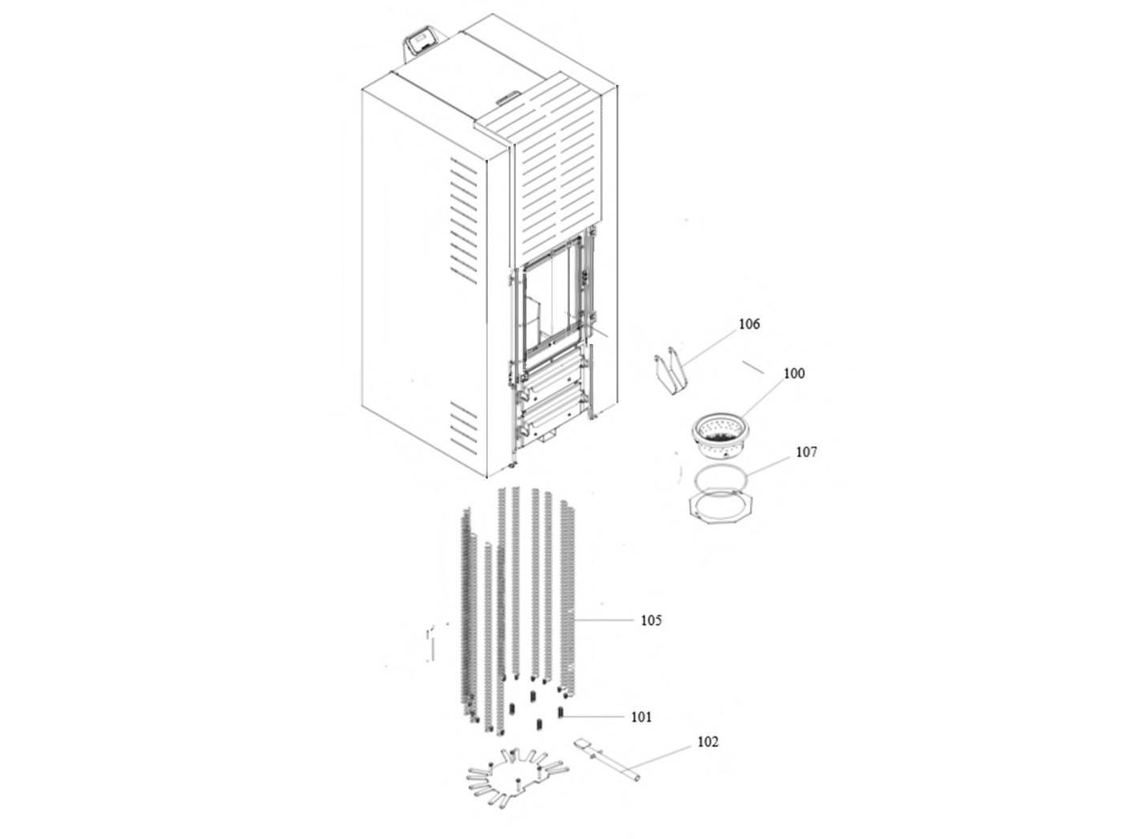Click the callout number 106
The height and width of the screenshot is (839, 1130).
click(749, 324)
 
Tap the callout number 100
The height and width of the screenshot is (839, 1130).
click(793, 373)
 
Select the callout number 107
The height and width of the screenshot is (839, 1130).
click(806, 452)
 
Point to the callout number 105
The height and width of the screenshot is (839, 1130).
click(651, 621)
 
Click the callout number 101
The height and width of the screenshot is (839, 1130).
click(641, 717)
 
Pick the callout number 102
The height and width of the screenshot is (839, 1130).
click(708, 742)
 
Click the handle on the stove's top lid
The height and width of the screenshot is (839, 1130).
click(508, 97)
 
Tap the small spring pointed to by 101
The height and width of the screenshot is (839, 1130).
click(561, 712)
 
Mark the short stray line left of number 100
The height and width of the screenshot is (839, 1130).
click(753, 367)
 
